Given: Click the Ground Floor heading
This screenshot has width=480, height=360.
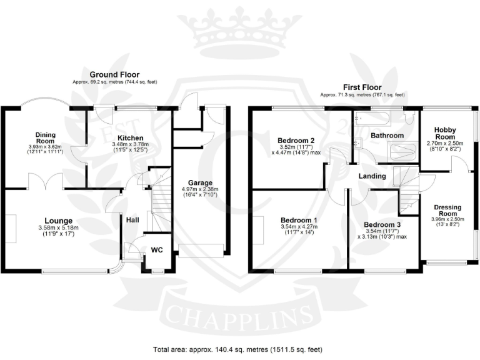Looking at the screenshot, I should tap(114, 74).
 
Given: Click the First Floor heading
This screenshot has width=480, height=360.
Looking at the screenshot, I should tap(362, 87).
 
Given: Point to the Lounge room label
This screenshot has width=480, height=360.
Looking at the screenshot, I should tap(59, 221).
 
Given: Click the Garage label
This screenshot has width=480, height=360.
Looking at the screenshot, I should tap(201, 166).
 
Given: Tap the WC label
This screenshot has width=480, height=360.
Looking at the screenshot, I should tap(157, 250).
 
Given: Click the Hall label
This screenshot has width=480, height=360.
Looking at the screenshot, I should tap(133, 219).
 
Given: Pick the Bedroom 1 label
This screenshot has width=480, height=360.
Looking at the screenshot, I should tap(299, 221).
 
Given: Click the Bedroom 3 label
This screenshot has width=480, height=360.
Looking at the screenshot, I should tap(382, 224).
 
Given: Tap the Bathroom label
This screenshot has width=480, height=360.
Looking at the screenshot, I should tap(387, 135).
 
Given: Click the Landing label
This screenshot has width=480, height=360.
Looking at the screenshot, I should tap(372, 177).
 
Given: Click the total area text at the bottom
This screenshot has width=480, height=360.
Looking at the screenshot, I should tap(238, 349).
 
